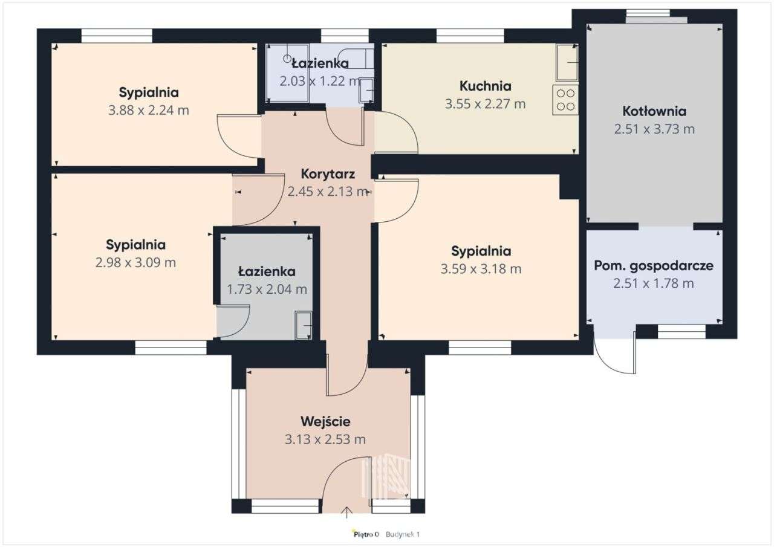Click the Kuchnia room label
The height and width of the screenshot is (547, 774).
(485, 86)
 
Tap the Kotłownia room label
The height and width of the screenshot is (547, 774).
(654, 111)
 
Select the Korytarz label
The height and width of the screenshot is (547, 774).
(328, 174)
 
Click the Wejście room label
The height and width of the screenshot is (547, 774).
(325, 422)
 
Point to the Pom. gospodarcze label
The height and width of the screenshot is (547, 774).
(654, 266)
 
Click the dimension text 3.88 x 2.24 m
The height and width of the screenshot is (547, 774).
(149, 111)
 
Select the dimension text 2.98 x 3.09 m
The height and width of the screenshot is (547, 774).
(135, 263)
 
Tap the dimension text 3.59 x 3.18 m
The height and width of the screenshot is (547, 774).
(481, 269)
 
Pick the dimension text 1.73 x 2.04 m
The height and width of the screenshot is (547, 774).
(267, 290)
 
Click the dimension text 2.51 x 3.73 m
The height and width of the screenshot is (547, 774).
(654, 129)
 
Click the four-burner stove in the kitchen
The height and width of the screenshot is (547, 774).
(565, 100)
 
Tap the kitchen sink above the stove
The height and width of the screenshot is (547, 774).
(567, 62)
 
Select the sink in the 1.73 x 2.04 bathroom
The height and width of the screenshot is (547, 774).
(304, 325)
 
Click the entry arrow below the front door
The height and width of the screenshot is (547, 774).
(346, 513)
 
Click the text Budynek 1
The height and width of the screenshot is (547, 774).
(403, 534)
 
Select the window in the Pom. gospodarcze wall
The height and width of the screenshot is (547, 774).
(681, 332)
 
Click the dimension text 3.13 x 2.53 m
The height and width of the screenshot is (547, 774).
(325, 439)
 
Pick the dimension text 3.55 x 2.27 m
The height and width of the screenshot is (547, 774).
(485, 104)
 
